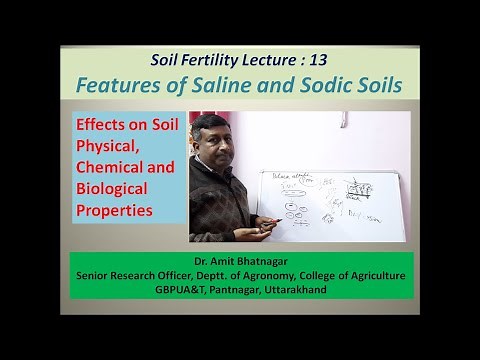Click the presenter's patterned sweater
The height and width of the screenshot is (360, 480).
(214, 200)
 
